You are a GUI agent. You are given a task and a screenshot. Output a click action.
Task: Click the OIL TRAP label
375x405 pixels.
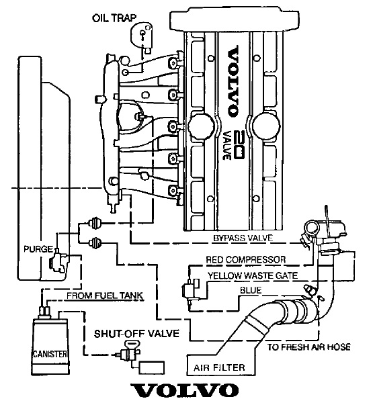[x=114, y=18]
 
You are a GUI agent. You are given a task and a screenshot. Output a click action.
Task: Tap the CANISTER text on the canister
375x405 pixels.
[x=50, y=353]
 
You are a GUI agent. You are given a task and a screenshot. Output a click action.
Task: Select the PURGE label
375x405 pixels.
[x=38, y=249]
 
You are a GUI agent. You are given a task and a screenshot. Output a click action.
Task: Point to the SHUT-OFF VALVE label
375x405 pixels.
[x=136, y=333]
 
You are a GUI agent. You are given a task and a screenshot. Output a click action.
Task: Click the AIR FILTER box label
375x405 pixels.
[x=219, y=367]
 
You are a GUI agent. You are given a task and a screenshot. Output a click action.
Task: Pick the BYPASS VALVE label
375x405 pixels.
[x=243, y=238]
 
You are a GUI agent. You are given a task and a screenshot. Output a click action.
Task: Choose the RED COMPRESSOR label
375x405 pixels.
[x=246, y=259]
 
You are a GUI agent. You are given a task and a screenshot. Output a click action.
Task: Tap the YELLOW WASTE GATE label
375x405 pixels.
[x=253, y=275]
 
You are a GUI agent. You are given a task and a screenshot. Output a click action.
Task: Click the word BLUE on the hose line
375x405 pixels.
[x=251, y=290]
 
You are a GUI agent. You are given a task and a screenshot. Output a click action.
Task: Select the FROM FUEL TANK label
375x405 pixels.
[x=105, y=296]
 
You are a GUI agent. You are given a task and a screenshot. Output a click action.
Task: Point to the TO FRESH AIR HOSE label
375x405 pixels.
[x=309, y=347]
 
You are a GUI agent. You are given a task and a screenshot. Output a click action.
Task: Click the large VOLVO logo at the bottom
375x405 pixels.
[x=184, y=390]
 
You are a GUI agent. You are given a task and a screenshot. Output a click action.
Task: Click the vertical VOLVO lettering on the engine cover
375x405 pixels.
[x=233, y=81]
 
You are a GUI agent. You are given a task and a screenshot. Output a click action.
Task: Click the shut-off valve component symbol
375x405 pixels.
[x=130, y=352]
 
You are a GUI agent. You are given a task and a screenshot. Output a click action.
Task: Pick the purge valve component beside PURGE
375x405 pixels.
[x=59, y=261]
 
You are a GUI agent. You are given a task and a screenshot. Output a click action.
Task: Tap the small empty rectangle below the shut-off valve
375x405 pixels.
[x=152, y=367]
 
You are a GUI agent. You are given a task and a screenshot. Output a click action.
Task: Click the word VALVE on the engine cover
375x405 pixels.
[x=226, y=144]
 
